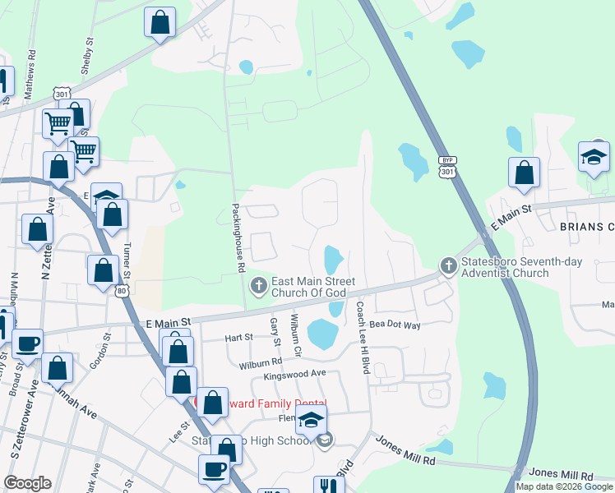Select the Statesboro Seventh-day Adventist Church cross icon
[448, 265]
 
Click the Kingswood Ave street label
[295, 376]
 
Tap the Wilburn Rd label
[261, 361]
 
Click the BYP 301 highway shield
[446, 167]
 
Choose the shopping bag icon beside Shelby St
[160, 22]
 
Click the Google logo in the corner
[27, 483]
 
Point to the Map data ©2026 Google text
[564, 486]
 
